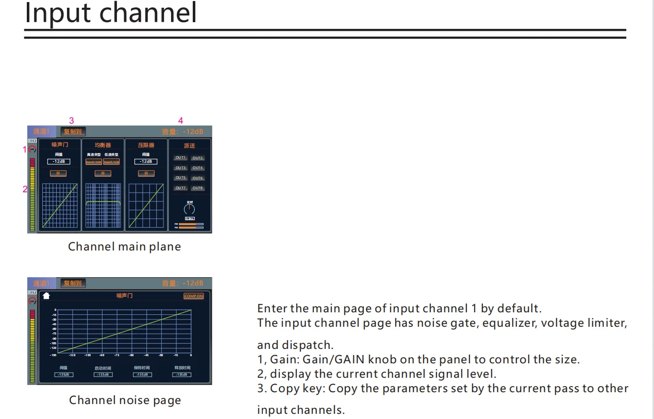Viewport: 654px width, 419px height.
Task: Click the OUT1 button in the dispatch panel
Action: (180, 158)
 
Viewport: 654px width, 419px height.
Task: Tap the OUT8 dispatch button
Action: (198, 188)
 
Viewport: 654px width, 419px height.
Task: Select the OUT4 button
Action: (198, 168)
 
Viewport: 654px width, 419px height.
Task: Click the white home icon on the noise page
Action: (46, 296)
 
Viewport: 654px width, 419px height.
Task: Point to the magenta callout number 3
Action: (72, 121)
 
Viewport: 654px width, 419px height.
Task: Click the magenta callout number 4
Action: (180, 121)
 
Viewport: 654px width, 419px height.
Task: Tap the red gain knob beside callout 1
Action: (32, 149)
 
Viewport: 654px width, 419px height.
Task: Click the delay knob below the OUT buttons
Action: (190, 209)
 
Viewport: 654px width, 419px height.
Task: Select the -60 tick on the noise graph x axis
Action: (131, 355)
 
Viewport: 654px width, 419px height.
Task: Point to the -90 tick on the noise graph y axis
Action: (54, 339)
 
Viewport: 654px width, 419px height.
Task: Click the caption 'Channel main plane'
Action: (124, 247)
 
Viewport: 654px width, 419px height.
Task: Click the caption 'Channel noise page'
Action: (125, 400)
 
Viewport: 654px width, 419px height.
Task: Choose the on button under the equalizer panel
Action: (103, 173)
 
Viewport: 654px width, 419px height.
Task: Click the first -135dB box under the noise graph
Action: (64, 375)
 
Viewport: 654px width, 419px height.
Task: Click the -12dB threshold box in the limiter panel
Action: (146, 161)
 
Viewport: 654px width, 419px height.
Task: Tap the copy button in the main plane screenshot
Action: (73, 131)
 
